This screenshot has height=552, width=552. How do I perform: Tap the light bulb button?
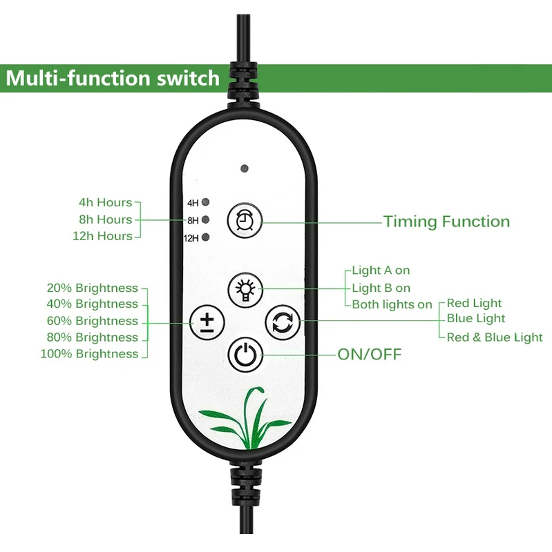244,288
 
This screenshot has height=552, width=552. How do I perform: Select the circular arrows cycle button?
282,322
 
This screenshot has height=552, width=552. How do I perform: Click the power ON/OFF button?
244,355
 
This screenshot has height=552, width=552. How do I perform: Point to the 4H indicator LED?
206,203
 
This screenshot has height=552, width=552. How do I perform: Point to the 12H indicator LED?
206,238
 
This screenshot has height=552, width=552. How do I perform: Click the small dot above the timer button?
244,168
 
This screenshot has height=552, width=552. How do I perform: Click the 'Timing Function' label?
446,221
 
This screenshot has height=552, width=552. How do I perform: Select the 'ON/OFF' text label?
369,355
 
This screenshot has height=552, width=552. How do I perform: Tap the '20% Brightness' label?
93,288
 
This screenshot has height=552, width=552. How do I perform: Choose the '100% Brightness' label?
90,354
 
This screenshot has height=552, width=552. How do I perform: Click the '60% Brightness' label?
93,321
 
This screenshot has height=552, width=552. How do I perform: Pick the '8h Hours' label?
104,219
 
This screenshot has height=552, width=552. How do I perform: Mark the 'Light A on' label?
381,270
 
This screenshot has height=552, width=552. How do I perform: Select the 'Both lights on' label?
392,304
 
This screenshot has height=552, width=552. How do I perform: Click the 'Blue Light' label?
476,319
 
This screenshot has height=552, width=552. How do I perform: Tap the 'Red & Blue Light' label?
495,337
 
